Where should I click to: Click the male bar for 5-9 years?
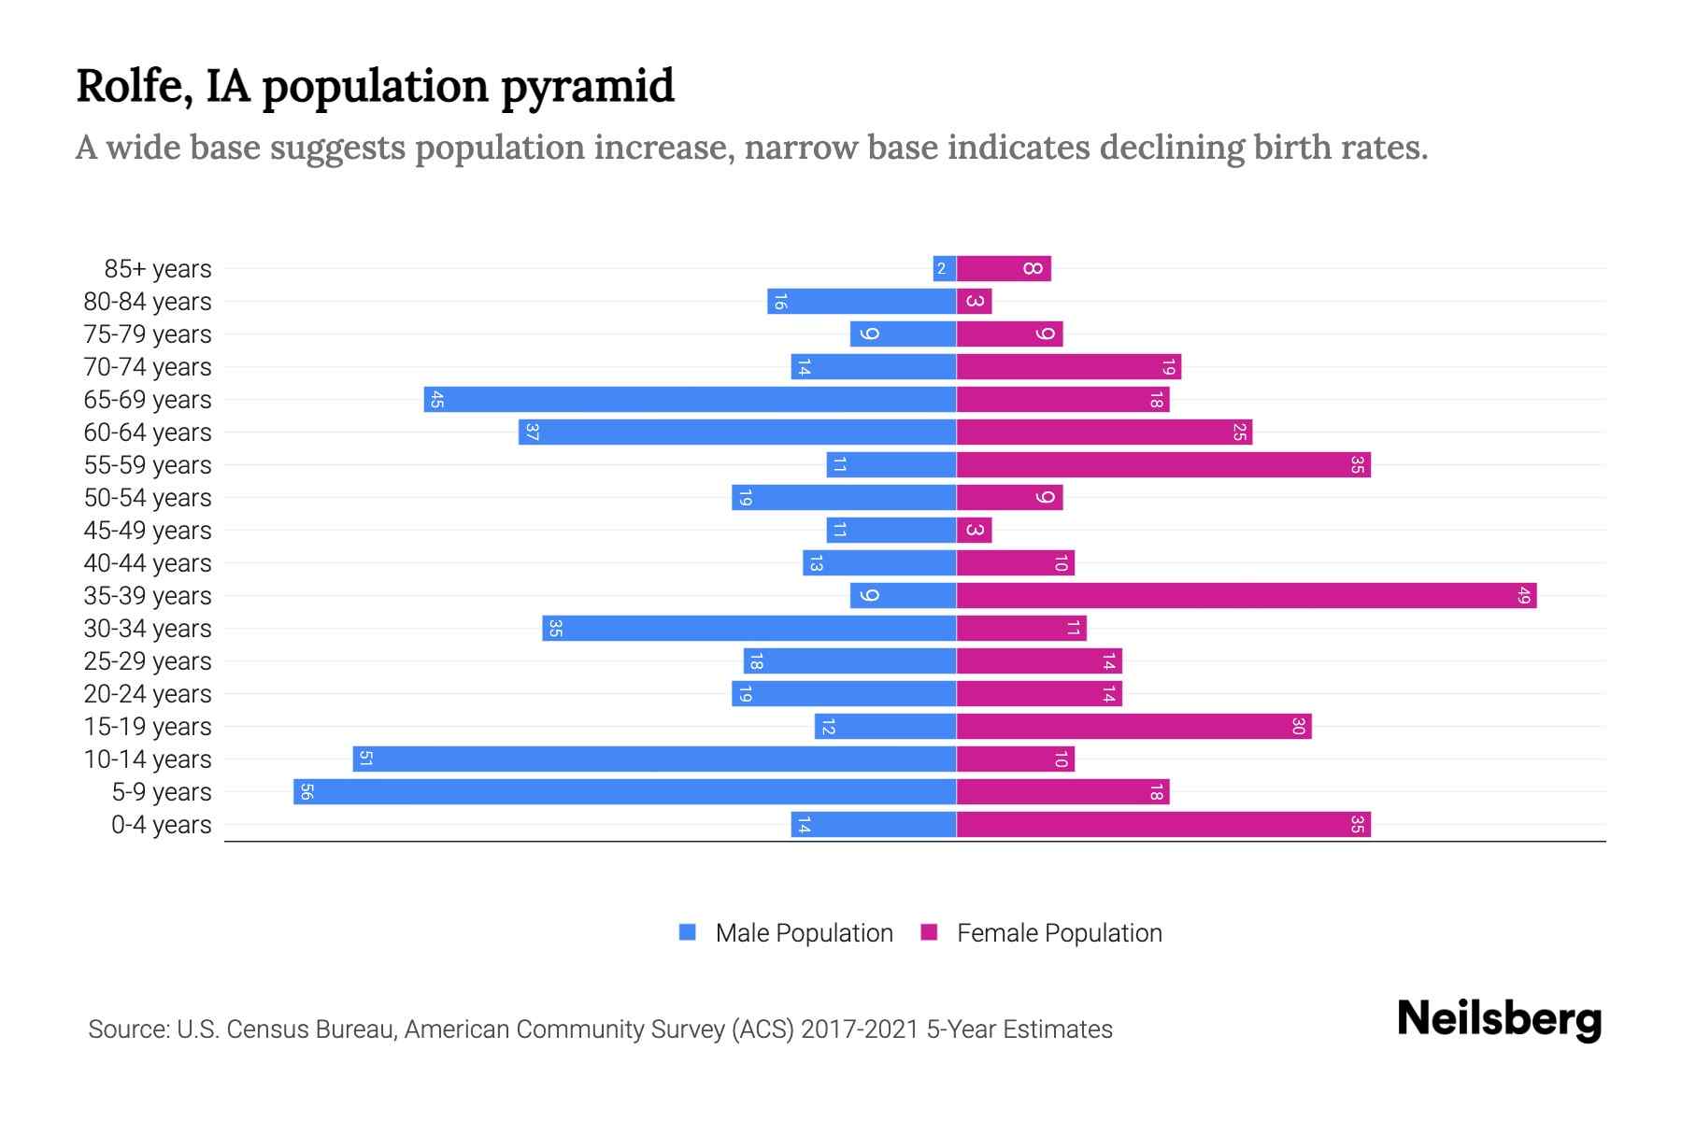pyautogui.click(x=624, y=792)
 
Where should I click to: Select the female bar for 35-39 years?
pyautogui.click(x=1246, y=596)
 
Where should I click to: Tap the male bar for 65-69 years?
pyautogui.click(x=690, y=400)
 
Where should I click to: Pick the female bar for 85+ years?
pyautogui.click(x=1004, y=269)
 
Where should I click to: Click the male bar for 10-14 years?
pyautogui.click(x=654, y=759)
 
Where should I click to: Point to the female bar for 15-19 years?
pyautogui.click(x=1133, y=727)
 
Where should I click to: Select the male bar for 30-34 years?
pyautogui.click(x=748, y=629)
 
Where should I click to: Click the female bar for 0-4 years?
pyautogui.click(x=1163, y=825)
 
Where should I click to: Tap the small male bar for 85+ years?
pyautogui.click(x=944, y=269)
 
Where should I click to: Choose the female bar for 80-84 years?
pyautogui.click(x=974, y=302)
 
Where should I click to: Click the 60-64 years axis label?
pyautogui.click(x=148, y=433)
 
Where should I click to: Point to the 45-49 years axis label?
pyautogui.click(x=148, y=531)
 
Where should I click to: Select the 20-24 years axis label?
pyautogui.click(x=148, y=694)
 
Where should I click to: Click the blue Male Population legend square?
pyautogui.click(x=688, y=932)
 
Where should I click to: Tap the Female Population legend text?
pyautogui.click(x=1059, y=933)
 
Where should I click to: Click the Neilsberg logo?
pyautogui.click(x=1499, y=1019)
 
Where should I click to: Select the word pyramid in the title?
pyautogui.click(x=587, y=87)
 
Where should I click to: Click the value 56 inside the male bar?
pyautogui.click(x=306, y=792)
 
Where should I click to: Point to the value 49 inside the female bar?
pyautogui.click(x=1523, y=596)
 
